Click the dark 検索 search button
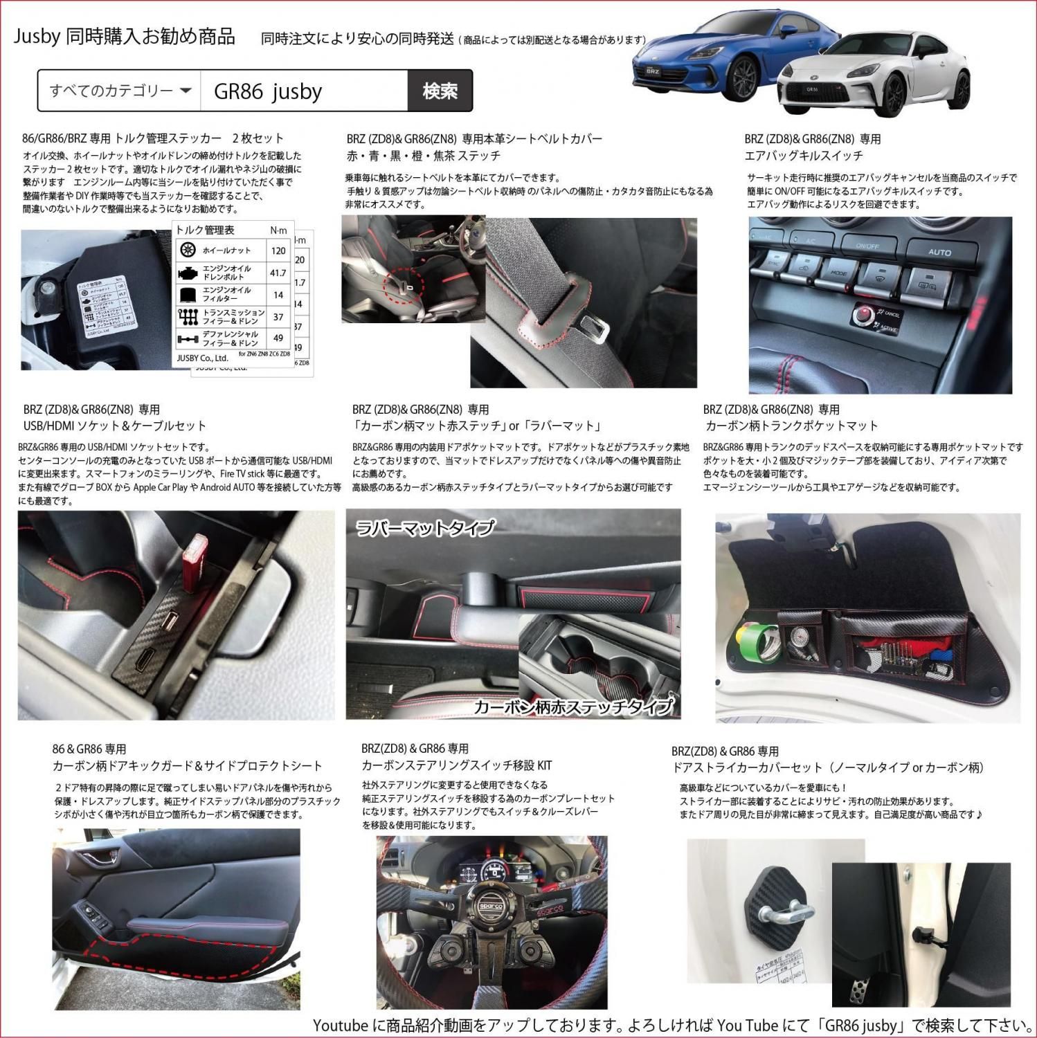click(x=440, y=91)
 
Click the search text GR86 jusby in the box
click(x=269, y=91)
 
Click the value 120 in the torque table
click(x=278, y=251)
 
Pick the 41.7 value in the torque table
click(x=278, y=273)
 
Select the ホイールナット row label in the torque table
click(x=226, y=251)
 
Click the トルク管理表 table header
click(x=206, y=230)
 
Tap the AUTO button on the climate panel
click(x=939, y=253)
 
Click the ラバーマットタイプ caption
click(x=424, y=528)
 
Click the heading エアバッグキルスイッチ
click(x=804, y=156)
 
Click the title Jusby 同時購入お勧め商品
click(x=125, y=37)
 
